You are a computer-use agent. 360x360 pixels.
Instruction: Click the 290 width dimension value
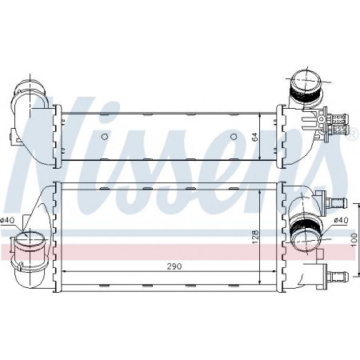174,266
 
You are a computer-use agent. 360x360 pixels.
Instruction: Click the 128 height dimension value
255,237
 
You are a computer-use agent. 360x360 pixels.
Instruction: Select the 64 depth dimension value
255,137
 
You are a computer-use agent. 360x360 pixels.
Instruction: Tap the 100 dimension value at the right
354,239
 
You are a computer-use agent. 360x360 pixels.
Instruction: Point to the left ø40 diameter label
7,220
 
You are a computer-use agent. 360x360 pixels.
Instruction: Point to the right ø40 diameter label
342,220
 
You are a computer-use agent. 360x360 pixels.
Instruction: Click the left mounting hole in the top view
105,137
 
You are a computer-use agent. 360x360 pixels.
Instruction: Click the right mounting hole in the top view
234,137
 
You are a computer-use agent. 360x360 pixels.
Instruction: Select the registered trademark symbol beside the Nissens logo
352,133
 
